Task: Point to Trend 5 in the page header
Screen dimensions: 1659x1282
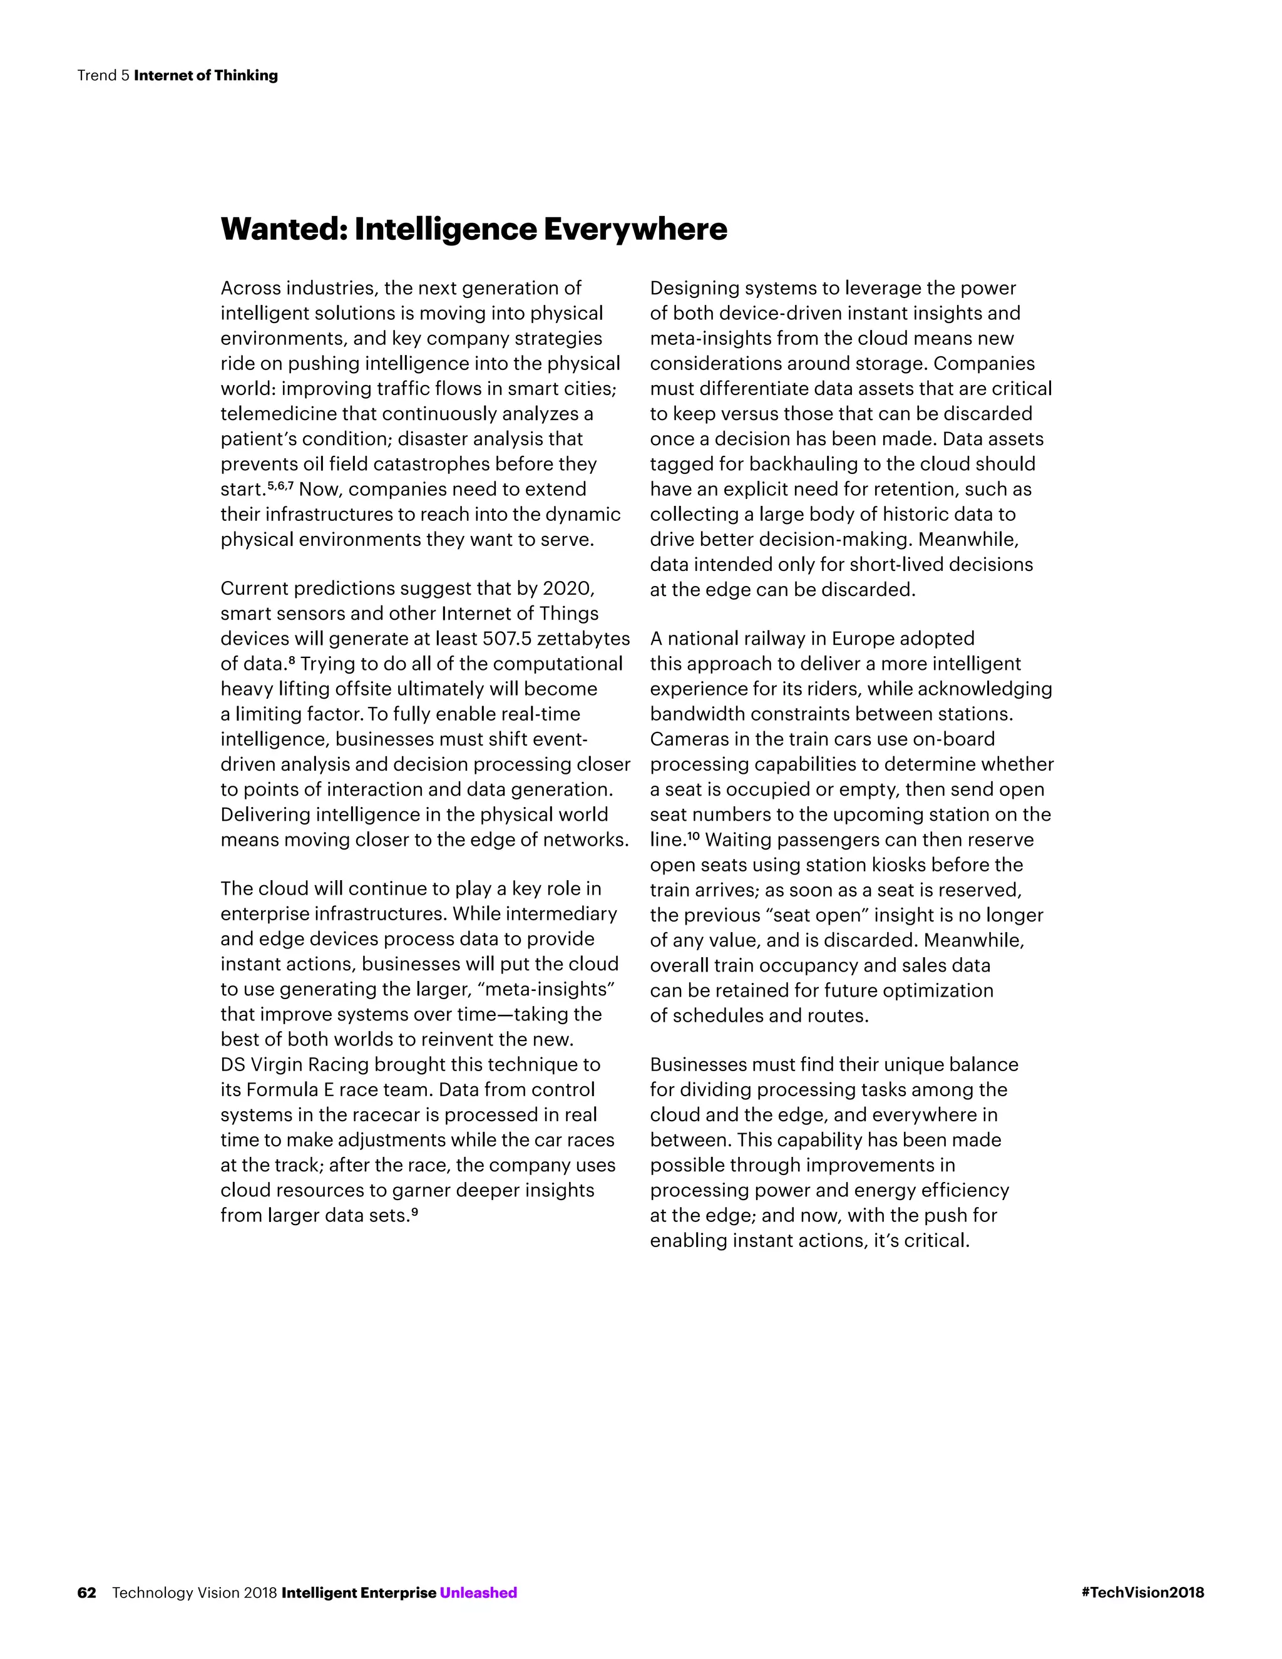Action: pyautogui.click(x=103, y=75)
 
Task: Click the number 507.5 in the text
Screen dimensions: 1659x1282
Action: pyautogui.click(x=506, y=639)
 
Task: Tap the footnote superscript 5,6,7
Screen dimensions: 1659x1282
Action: pyautogui.click(x=280, y=485)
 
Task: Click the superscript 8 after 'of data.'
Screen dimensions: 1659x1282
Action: pyautogui.click(x=292, y=659)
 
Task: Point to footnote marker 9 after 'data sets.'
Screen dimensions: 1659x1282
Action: pyautogui.click(x=414, y=1211)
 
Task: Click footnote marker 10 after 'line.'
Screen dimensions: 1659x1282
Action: pyautogui.click(x=693, y=836)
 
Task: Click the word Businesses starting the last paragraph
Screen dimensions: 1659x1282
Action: pyautogui.click(x=698, y=1065)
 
